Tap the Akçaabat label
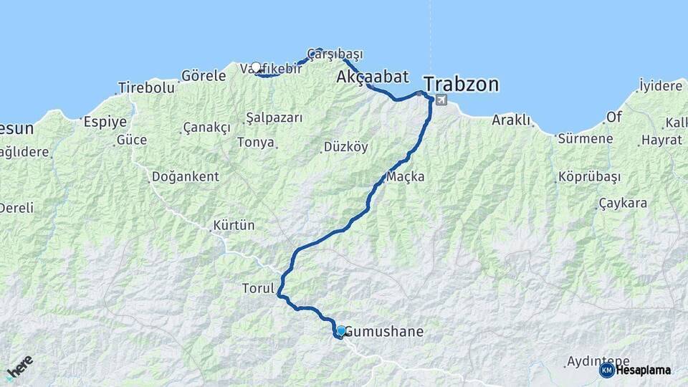373,77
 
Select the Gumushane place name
384,333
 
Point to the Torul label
258,289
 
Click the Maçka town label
405,176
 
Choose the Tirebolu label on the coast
146,87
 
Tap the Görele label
204,75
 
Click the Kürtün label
234,226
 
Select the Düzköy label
345,147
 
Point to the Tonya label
256,143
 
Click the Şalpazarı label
274,118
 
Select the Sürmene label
586,139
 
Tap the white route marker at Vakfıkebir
256,67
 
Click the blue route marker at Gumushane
341,331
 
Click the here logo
19,367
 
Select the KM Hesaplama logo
635,370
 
